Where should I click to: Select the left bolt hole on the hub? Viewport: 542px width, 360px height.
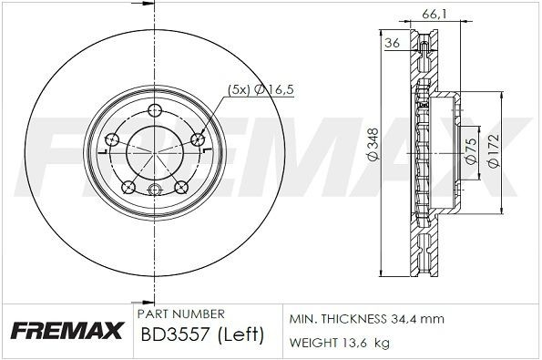click(x=113, y=139)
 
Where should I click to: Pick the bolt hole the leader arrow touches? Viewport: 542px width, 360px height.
click(x=197, y=139)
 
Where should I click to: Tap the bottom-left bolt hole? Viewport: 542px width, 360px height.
click(x=129, y=189)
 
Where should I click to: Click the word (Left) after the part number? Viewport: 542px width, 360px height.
click(x=241, y=334)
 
